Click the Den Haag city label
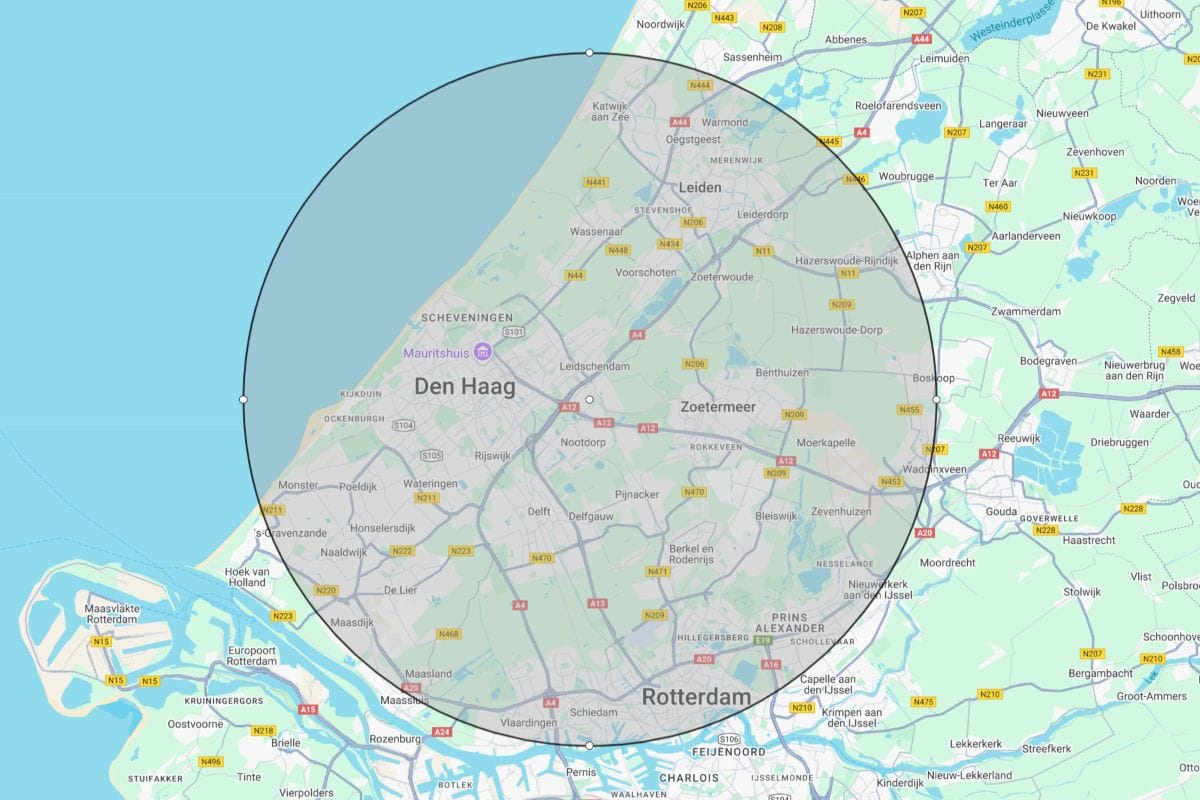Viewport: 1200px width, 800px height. click(465, 387)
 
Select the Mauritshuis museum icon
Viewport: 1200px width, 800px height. click(483, 352)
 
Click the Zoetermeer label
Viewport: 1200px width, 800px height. click(718, 407)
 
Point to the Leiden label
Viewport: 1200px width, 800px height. click(700, 187)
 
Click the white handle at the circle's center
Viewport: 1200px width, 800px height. click(589, 399)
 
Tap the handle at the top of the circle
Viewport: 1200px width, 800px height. click(589, 52)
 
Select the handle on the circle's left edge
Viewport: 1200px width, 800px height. click(243, 399)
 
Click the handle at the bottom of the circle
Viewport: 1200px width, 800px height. click(589, 745)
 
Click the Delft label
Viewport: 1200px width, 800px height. click(538, 512)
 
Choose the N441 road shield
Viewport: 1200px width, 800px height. click(596, 182)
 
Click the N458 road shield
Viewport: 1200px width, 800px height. click(1170, 352)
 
